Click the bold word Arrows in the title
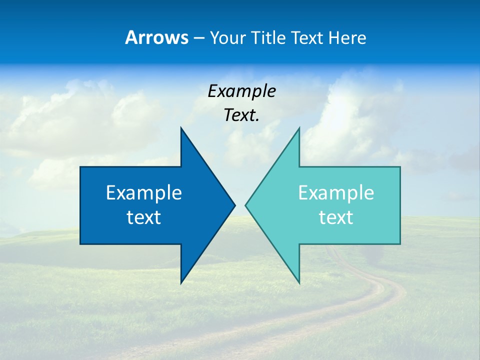pyautogui.click(x=157, y=37)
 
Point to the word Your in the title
pyautogui.click(x=225, y=37)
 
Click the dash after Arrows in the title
pyautogui.click(x=198, y=38)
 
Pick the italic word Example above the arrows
pyautogui.click(x=241, y=91)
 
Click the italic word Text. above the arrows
pyautogui.click(x=241, y=115)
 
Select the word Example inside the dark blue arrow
pyautogui.click(x=144, y=192)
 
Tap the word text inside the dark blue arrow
pyautogui.click(x=144, y=217)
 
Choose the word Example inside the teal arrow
pyautogui.click(x=336, y=192)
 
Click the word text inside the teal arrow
pyautogui.click(x=336, y=217)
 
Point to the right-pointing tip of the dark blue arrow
pyautogui.click(x=234, y=205)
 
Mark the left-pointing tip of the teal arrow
pyautogui.click(x=245, y=205)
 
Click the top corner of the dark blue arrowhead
pyautogui.click(x=181, y=128)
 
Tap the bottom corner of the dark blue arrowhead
pyautogui.click(x=181, y=283)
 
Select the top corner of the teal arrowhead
pyautogui.click(x=299, y=128)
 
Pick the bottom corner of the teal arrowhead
pyautogui.click(x=299, y=283)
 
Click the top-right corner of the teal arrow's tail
pyautogui.click(x=400, y=167)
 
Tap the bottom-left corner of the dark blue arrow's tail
pyautogui.click(x=80, y=244)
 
